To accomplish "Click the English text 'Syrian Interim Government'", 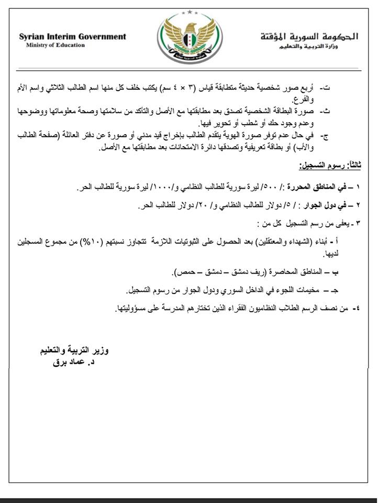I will [72, 37].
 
